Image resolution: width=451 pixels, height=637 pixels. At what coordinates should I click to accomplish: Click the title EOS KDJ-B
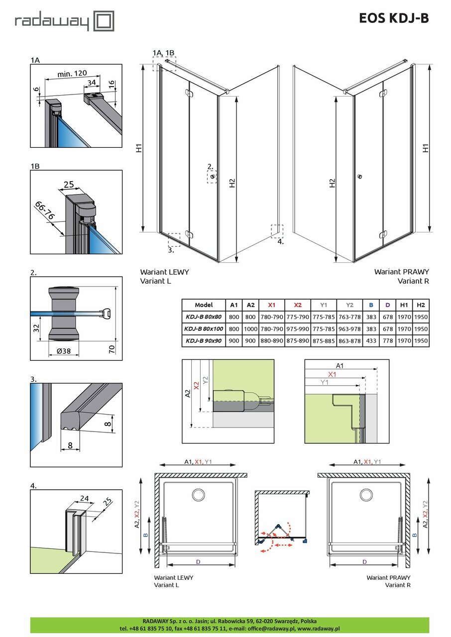pyautogui.click(x=393, y=18)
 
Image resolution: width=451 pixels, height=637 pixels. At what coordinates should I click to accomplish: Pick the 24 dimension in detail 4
pyautogui.click(x=84, y=498)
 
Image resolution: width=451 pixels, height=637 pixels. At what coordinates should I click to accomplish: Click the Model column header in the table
pyautogui.click(x=204, y=305)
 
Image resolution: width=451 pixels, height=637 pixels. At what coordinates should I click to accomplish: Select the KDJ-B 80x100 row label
pyautogui.click(x=204, y=329)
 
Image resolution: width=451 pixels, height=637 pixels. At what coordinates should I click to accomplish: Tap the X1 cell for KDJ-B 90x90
pyautogui.click(x=271, y=341)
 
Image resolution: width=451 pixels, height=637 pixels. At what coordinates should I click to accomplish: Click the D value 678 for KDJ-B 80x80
pyautogui.click(x=387, y=317)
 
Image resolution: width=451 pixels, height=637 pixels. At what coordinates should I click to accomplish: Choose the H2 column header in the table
pyautogui.click(x=420, y=305)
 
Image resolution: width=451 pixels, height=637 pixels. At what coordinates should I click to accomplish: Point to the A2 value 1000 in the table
pyautogui.click(x=251, y=329)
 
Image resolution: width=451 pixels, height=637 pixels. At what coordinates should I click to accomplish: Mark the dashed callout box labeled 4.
pyautogui.click(x=277, y=231)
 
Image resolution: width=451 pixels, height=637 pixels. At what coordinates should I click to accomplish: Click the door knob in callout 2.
pyautogui.click(x=213, y=177)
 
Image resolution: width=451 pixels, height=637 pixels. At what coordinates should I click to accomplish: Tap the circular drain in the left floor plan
pyautogui.click(x=198, y=495)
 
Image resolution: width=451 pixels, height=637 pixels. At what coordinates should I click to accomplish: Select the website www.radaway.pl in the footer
pyautogui.click(x=319, y=629)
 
